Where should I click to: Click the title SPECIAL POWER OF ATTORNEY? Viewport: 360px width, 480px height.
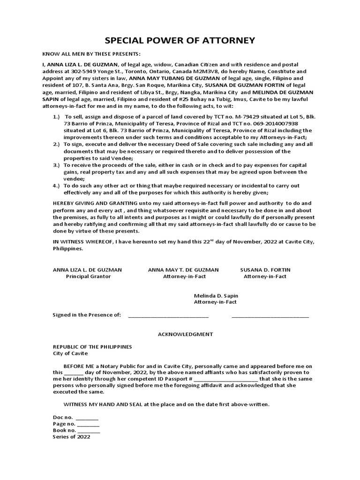click(x=180, y=40)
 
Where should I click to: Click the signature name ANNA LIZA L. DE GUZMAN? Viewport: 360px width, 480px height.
click(x=87, y=270)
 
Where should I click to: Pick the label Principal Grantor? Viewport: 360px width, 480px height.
click(x=88, y=277)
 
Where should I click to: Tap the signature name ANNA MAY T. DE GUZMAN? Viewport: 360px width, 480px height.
click(x=183, y=270)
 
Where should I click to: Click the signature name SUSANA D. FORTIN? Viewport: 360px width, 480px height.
click(x=265, y=270)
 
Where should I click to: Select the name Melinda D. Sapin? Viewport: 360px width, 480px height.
click(x=215, y=295)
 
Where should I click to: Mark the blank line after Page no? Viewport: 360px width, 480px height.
click(x=89, y=424)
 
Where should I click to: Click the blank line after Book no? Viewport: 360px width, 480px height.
click(x=89, y=430)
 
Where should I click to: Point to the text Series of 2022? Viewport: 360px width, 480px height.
click(x=71, y=436)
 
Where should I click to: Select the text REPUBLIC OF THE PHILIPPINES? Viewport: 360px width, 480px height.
click(x=92, y=347)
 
